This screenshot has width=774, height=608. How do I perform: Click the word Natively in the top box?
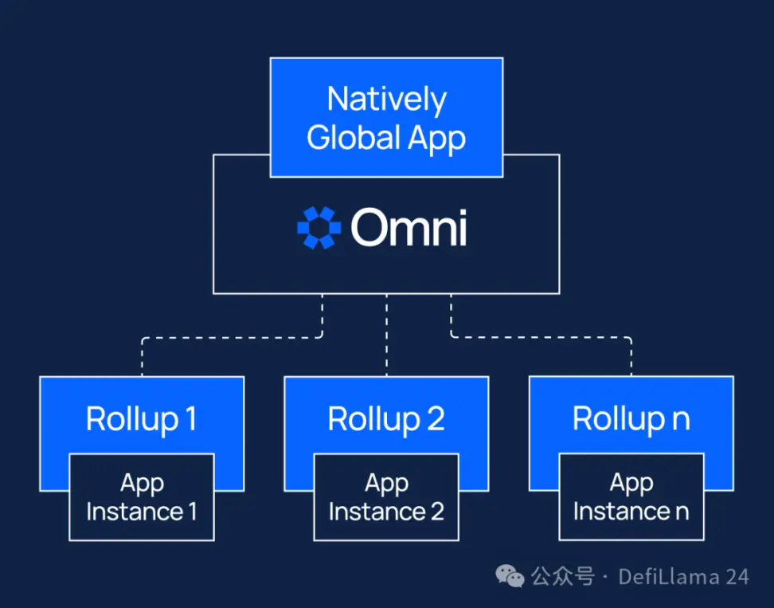pyautogui.click(x=386, y=100)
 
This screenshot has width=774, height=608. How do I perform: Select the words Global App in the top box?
pyautogui.click(x=386, y=138)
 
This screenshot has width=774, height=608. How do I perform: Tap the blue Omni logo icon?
pyautogui.click(x=319, y=228)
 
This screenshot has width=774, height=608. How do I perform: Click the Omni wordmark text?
pyautogui.click(x=408, y=228)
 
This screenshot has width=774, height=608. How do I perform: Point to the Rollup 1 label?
pyautogui.click(x=141, y=419)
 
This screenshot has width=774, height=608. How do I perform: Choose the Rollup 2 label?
pyautogui.click(x=386, y=419)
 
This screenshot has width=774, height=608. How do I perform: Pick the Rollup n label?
pyautogui.click(x=631, y=419)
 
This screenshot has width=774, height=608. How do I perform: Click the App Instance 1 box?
pyautogui.click(x=141, y=497)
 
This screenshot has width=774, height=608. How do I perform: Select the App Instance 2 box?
pyautogui.click(x=386, y=497)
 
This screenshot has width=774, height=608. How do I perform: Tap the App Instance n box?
pyautogui.click(x=631, y=497)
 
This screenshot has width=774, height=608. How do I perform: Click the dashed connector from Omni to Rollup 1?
pyautogui.click(x=231, y=337)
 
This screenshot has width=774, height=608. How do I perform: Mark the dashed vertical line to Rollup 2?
pyautogui.click(x=386, y=335)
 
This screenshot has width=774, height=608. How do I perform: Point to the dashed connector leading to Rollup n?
pyautogui.click(x=541, y=337)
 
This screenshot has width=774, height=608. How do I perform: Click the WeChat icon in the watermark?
pyautogui.click(x=510, y=575)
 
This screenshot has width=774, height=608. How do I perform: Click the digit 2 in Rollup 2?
pyautogui.click(x=435, y=419)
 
